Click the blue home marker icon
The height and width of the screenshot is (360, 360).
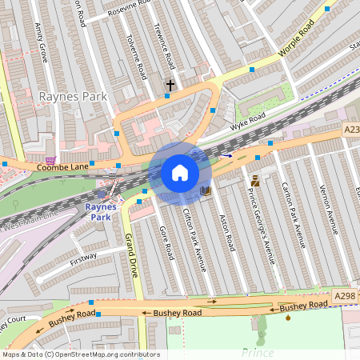pyautogui.click(x=180, y=173)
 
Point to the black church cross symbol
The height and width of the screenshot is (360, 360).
pyautogui.click(x=170, y=84)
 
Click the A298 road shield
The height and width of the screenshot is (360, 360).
pyautogui.click(x=345, y=296)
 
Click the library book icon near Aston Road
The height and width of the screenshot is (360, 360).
pyautogui.click(x=206, y=191)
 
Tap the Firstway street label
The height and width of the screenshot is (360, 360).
pyautogui.click(x=82, y=258)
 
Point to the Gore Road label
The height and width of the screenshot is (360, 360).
pyautogui.click(x=166, y=242)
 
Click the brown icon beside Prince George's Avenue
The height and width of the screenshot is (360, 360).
pyautogui.click(x=255, y=180)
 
